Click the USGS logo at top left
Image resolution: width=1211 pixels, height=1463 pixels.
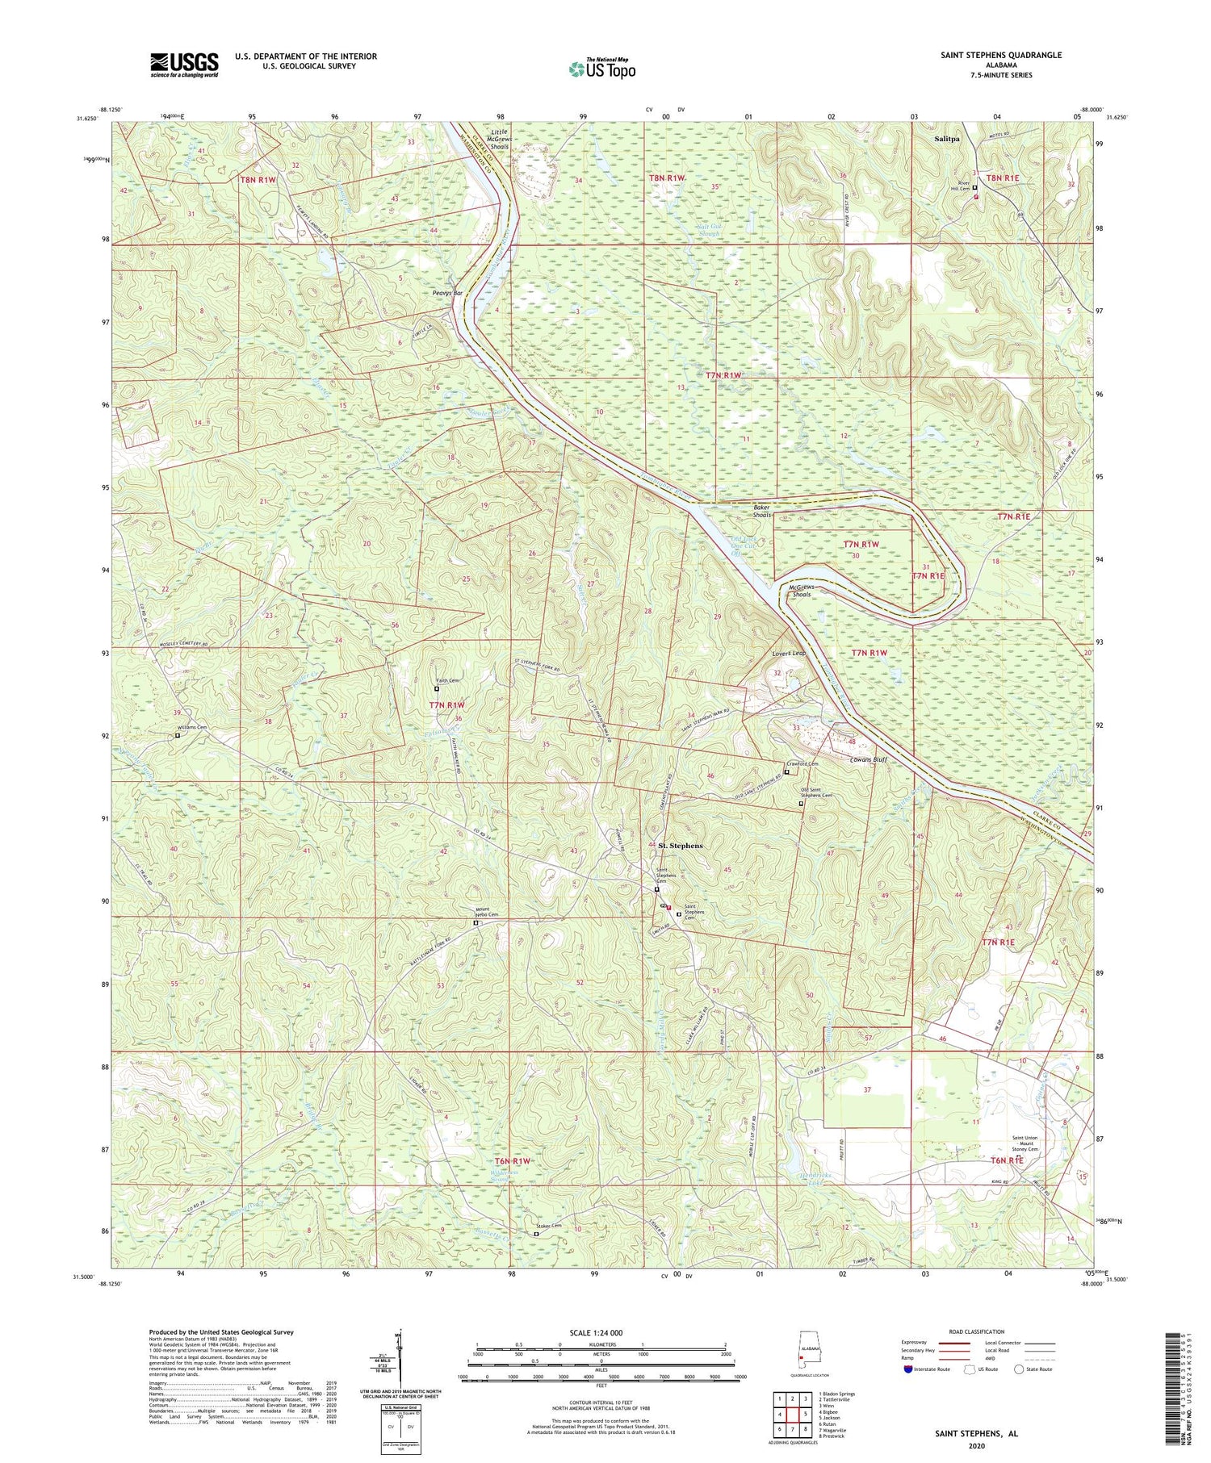(184, 64)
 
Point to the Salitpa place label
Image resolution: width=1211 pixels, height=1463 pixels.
(947, 139)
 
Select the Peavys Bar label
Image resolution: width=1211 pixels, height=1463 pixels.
(447, 293)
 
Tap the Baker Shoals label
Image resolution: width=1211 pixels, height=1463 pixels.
(762, 511)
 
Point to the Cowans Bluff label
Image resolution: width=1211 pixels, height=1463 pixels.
(868, 759)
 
